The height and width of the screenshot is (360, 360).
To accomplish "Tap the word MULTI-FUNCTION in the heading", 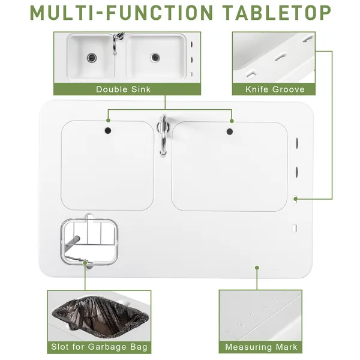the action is (x=122, y=13).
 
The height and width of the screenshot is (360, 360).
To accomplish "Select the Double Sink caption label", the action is (x=123, y=89).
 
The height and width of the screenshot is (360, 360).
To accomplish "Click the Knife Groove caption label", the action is (x=275, y=89).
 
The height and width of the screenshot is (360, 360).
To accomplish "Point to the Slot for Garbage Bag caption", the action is (x=99, y=347).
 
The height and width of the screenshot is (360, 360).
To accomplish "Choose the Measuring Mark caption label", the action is (x=261, y=347).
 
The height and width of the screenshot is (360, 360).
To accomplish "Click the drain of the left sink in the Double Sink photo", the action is (x=92, y=58).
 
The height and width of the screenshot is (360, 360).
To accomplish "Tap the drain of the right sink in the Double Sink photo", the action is (x=155, y=57).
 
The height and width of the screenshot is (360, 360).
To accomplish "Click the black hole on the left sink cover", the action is (x=108, y=131).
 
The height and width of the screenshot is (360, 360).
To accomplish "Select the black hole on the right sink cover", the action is (x=230, y=131).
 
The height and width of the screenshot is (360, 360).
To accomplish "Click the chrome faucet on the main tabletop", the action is (x=163, y=136).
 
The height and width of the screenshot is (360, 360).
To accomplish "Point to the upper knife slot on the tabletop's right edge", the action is (x=297, y=143).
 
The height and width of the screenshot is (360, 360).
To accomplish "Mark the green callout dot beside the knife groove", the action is (x=295, y=199).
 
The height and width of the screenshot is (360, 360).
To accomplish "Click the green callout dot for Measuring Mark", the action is (x=257, y=268).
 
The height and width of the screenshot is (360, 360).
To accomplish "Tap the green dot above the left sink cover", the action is (x=109, y=121).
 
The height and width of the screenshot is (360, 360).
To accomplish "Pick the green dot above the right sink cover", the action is (x=232, y=121).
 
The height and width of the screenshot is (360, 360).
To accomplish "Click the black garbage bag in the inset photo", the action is (x=100, y=316).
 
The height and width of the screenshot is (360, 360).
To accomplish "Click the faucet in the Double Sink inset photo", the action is (x=117, y=43).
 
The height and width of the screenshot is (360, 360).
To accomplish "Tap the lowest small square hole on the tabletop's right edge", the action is (x=294, y=228).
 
